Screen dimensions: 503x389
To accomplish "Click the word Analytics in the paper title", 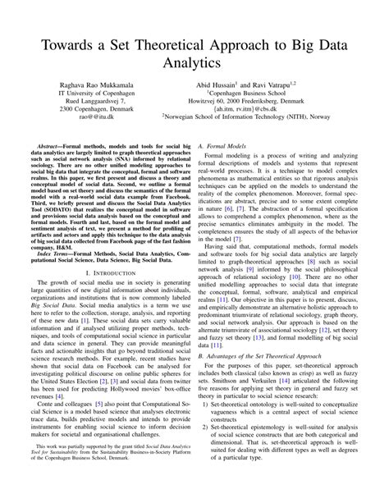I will click(194, 62).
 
